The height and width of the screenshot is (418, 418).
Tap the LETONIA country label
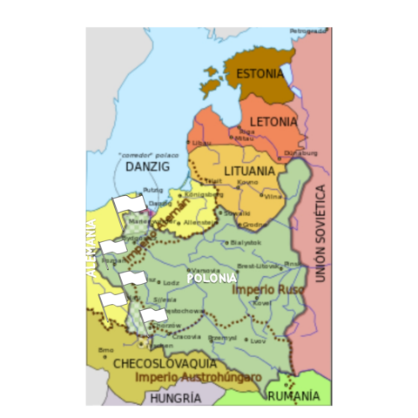(274, 122)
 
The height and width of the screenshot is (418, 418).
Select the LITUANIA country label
(250, 172)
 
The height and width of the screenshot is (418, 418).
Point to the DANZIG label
(145, 165)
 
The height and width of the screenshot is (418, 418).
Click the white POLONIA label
(212, 278)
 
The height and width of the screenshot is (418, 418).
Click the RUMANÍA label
(294, 396)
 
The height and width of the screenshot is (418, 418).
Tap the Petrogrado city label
(308, 31)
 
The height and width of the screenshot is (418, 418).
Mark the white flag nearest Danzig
(128, 206)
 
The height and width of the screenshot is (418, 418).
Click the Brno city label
(106, 350)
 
